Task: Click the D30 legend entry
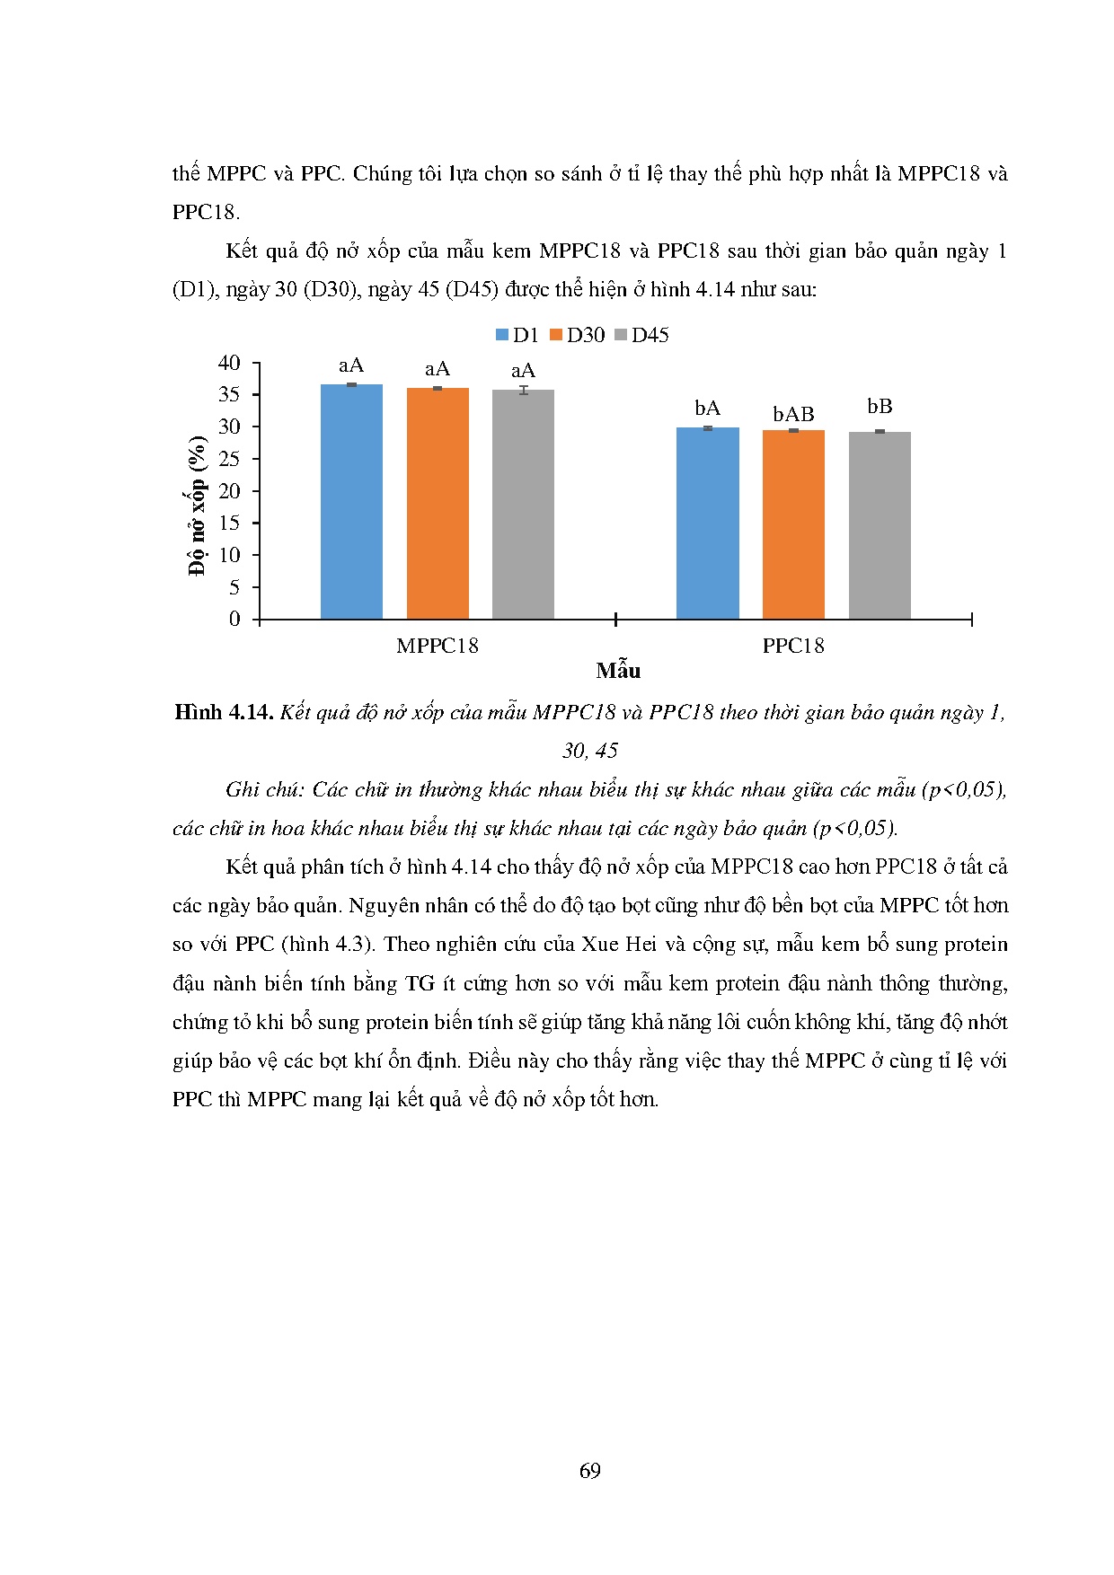[x=577, y=335]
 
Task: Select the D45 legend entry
[x=641, y=335]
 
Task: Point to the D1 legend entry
[x=517, y=335]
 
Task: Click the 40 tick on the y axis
[x=229, y=363]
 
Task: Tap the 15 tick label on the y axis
[x=229, y=523]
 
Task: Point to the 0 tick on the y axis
[x=234, y=619]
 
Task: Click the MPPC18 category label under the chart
[x=438, y=646]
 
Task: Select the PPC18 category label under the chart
[x=793, y=646]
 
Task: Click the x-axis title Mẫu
[x=618, y=671]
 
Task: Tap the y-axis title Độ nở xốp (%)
[x=197, y=505]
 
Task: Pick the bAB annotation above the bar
[x=793, y=414]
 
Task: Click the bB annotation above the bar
[x=880, y=406]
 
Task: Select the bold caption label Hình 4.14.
[x=224, y=712]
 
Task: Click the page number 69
[x=590, y=1470]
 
